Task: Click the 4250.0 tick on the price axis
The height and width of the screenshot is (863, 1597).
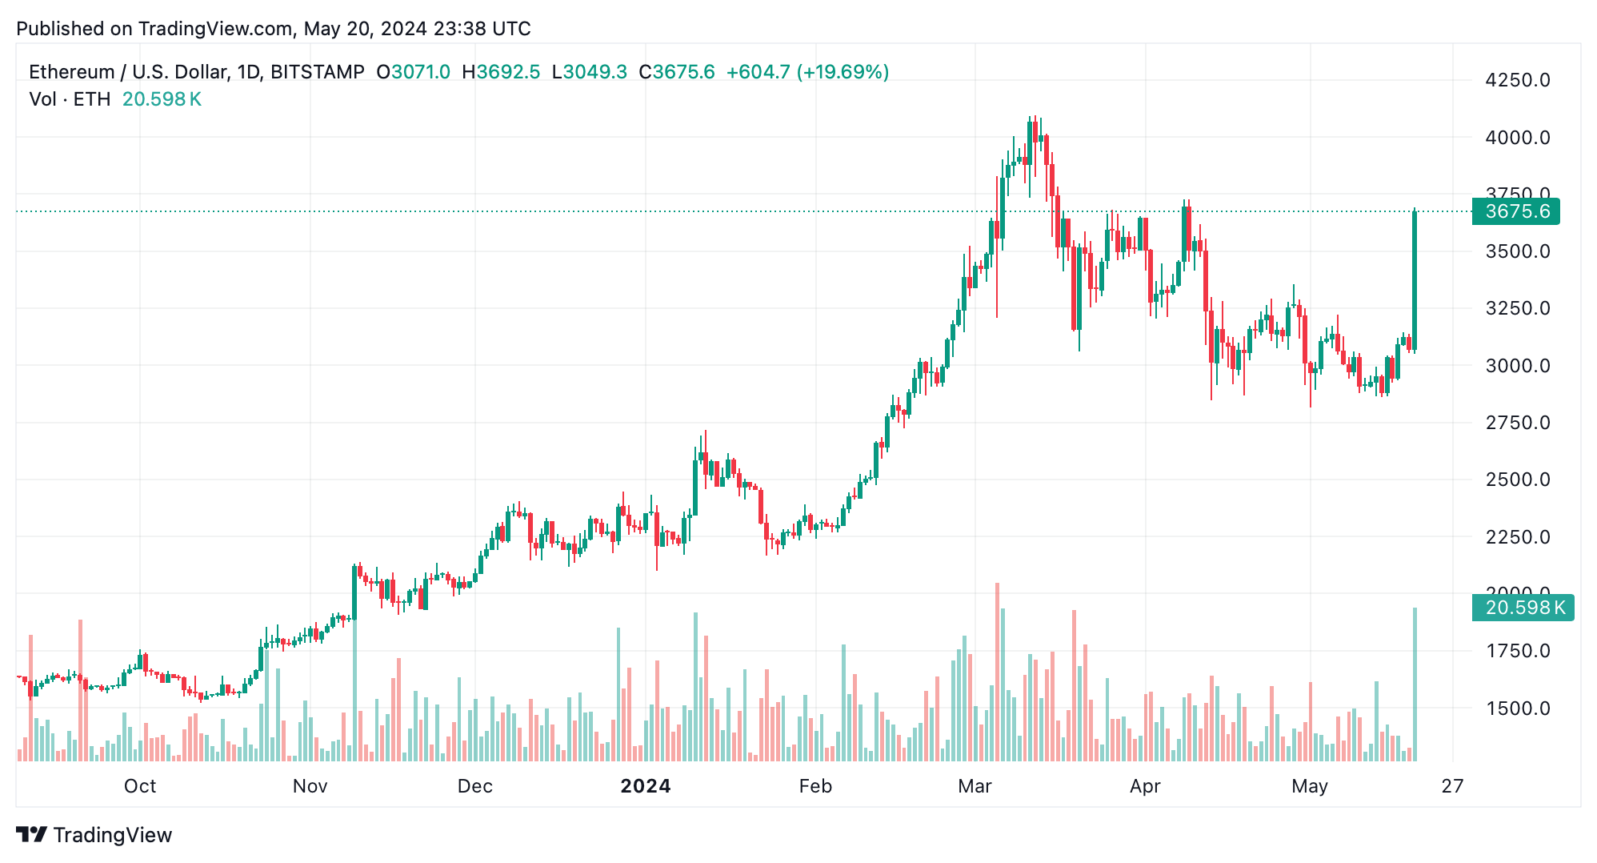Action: tap(1517, 80)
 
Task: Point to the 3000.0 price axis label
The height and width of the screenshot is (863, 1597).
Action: tap(1517, 366)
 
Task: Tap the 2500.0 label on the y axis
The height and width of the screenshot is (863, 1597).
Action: tap(1517, 480)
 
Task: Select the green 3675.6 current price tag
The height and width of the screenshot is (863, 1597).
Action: tap(1515, 211)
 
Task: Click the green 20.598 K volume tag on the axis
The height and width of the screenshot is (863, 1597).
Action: tap(1523, 608)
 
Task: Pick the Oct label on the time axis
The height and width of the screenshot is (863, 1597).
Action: tap(140, 786)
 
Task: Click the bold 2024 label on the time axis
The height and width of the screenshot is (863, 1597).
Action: tap(646, 786)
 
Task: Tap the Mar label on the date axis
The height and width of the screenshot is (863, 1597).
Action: tap(975, 786)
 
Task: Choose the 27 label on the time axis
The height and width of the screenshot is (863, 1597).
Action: tap(1452, 786)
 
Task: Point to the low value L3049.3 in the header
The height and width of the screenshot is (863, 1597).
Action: tap(590, 72)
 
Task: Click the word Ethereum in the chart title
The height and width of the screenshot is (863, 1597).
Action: tap(71, 72)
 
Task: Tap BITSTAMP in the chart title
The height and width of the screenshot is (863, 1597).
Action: tap(318, 72)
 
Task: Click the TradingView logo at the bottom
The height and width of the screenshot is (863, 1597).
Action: tap(94, 835)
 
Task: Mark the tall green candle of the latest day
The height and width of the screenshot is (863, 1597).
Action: tap(1415, 280)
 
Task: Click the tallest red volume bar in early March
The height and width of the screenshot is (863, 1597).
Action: tap(997, 672)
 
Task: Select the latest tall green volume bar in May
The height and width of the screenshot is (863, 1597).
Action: tap(1415, 684)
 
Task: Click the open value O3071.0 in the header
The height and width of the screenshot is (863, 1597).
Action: tap(414, 72)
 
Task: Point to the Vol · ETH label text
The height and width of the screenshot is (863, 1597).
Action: tap(70, 99)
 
